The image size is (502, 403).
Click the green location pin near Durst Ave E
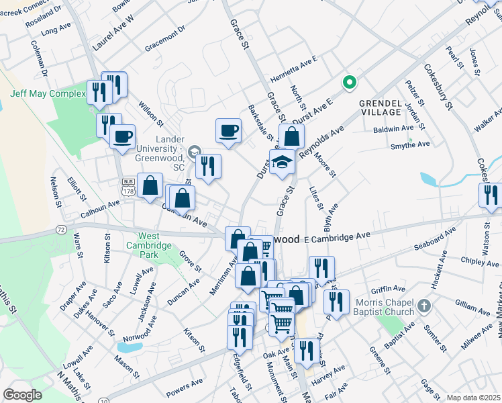(349, 83)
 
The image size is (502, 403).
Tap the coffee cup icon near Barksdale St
(229, 130)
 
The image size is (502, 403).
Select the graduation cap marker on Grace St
(283, 162)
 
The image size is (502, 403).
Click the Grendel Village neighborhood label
(380, 107)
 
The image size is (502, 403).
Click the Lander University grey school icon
(194, 152)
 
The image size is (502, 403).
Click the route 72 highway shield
(61, 230)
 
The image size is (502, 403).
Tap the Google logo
(21, 395)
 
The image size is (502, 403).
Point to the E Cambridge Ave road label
(337, 236)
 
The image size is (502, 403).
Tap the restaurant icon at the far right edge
(491, 195)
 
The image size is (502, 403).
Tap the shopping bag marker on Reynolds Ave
(291, 136)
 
